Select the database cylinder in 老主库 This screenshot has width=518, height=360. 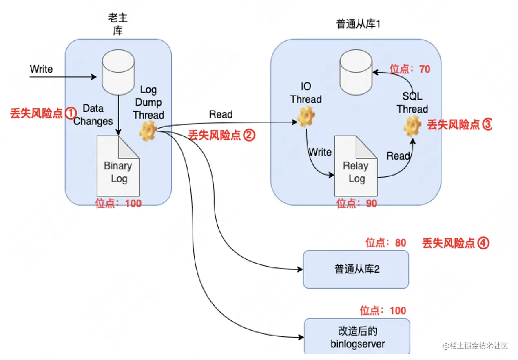click(118, 73)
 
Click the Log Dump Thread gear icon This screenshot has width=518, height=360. click(147, 132)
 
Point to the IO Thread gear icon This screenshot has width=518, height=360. click(306, 117)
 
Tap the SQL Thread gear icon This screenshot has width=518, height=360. click(412, 125)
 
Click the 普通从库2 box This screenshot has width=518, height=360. click(356, 269)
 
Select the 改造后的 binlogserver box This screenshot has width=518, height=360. click(357, 337)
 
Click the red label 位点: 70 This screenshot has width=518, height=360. click(410, 69)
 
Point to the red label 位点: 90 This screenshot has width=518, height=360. click(356, 203)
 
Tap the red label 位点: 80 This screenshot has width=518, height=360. click(386, 243)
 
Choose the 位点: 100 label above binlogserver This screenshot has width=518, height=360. click(383, 311)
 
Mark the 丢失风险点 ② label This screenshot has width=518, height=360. click(221, 136)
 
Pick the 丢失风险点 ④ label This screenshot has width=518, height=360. click(455, 243)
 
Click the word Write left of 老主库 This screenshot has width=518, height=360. click(41, 69)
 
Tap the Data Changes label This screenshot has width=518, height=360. click(93, 115)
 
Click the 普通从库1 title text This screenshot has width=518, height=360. click(358, 24)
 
